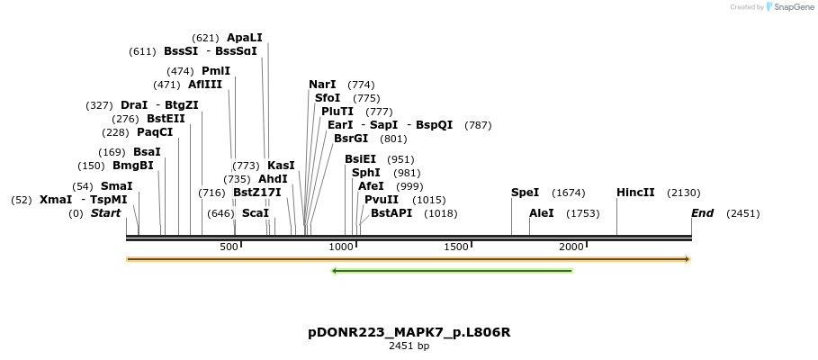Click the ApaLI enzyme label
point(244,38)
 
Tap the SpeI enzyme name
point(525,193)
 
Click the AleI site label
point(542,213)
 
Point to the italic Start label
point(105,213)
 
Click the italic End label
point(702,213)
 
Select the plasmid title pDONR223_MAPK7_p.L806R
point(409,332)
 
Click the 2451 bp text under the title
point(409,346)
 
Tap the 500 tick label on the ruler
point(229,247)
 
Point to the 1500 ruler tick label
point(457,247)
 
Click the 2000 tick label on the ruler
point(571,247)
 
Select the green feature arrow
point(452,270)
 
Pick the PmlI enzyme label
point(216,71)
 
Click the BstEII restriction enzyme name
point(166,119)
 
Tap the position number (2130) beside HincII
point(683,193)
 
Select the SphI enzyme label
point(366,173)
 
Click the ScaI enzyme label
point(256,213)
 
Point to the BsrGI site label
point(351,139)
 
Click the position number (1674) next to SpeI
point(569,193)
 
